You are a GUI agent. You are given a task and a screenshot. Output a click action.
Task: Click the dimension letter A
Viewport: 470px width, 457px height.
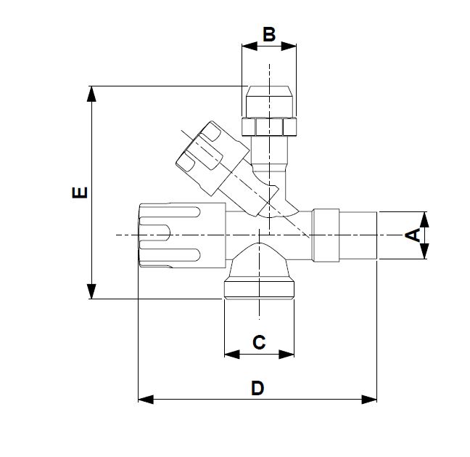(x=413, y=235)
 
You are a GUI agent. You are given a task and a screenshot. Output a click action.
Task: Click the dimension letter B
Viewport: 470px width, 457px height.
(x=269, y=34)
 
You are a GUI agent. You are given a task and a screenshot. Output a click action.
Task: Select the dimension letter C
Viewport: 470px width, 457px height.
(x=259, y=342)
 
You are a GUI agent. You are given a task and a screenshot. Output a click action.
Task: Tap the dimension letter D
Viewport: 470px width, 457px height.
(x=257, y=388)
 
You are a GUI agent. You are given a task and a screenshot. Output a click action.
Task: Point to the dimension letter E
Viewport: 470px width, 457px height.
(x=80, y=193)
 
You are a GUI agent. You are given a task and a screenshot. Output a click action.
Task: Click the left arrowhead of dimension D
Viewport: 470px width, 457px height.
(x=146, y=400)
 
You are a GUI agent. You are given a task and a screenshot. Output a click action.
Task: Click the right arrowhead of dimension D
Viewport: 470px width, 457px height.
(x=369, y=400)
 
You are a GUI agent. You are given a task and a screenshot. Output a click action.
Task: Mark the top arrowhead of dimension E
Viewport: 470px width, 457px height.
(x=91, y=94)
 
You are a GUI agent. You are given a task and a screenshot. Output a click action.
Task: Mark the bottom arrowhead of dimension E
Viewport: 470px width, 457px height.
(x=91, y=291)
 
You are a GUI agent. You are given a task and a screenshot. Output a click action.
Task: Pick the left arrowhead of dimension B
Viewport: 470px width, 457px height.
(x=250, y=46)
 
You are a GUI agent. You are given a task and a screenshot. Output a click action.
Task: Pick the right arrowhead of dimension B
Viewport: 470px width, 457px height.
(x=289, y=46)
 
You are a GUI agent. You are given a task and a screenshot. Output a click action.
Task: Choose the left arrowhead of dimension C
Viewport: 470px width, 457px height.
(x=232, y=355)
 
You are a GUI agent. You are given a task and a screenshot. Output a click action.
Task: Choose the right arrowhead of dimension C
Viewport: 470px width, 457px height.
(x=286, y=355)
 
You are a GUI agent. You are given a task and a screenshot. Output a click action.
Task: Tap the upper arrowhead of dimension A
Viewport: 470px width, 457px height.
(x=424, y=219)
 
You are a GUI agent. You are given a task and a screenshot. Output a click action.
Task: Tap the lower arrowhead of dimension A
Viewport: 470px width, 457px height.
(x=424, y=251)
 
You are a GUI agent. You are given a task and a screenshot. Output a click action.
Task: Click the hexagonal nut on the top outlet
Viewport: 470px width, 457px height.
(x=269, y=126)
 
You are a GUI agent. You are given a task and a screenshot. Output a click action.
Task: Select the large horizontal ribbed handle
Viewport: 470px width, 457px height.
(x=182, y=235)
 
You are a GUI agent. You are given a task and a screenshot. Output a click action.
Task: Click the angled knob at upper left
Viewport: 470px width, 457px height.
(x=212, y=158)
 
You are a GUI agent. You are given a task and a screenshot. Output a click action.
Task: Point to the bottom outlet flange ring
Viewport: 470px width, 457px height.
(x=259, y=291)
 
